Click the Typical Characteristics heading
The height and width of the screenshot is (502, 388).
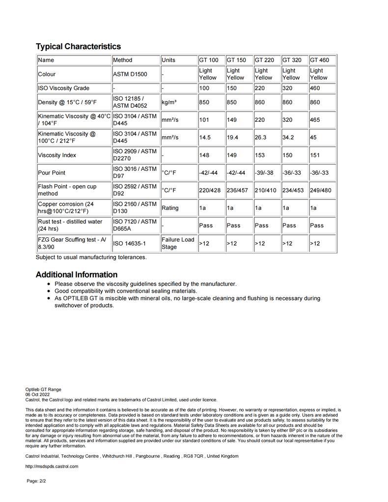coord(78,47)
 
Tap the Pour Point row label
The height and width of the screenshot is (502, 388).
coord(52,173)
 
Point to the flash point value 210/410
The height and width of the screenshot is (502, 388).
coord(265,190)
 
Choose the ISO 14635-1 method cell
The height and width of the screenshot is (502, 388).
coord(130,243)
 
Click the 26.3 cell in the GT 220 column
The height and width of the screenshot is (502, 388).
coord(260,138)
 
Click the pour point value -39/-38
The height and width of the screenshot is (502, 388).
coord(264,173)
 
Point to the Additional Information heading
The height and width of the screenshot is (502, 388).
coord(76,275)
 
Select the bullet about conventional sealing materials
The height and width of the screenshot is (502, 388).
coord(126,291)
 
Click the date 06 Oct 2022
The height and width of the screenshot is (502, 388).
coord(38,394)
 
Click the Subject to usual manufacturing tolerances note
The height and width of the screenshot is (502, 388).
coord(91,257)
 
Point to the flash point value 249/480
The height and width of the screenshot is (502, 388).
coord(320,190)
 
